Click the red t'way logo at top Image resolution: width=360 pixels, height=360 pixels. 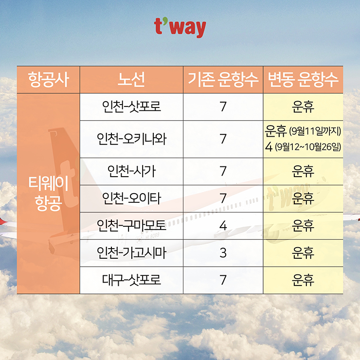[180, 28]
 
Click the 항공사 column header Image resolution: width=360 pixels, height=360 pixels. [49, 79]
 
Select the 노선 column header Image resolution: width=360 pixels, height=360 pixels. [131, 79]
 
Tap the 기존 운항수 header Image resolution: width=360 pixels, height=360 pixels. [223, 79]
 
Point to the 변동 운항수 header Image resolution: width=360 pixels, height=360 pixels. [303, 79]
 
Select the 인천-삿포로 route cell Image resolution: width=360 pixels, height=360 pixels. [131, 107]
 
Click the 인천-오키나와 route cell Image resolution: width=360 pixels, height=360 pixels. [131, 139]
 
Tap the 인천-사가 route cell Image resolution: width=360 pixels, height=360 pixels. [131, 171]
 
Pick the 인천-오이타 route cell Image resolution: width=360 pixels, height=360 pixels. [131, 198]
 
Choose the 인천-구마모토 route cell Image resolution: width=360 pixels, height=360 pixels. [131, 225]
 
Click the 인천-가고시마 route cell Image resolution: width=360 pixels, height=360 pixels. [131, 253]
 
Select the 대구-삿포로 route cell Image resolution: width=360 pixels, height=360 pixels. [131, 280]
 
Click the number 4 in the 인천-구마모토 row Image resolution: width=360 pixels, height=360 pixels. [223, 226]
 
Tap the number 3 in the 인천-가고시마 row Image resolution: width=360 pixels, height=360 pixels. [223, 253]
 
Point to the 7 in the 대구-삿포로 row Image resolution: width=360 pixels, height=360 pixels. [223, 280]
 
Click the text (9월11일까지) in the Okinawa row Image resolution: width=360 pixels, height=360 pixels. [315, 131]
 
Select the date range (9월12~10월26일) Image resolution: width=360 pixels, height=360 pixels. [308, 147]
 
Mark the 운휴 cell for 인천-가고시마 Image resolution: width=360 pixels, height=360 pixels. [303, 253]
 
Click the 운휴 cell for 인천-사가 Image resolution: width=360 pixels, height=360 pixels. [303, 171]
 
